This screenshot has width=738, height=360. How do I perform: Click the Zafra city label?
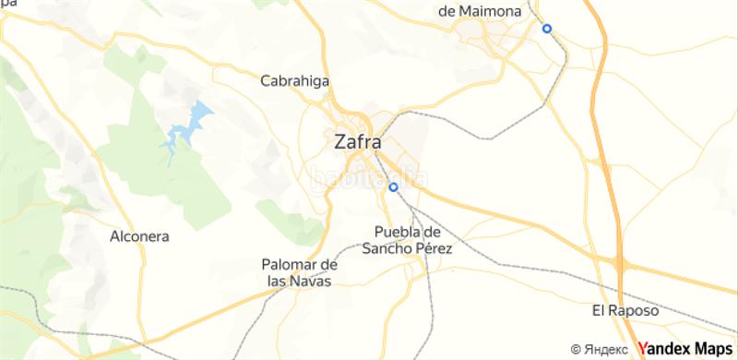pos(356,142)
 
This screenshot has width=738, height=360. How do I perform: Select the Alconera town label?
pos(138,236)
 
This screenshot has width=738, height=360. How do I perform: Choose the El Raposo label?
pos(626,310)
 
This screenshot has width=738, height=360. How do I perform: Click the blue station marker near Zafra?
pos(394,187)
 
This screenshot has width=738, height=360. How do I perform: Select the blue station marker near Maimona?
pos(547,29)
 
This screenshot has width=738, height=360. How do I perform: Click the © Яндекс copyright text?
pos(601,349)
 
